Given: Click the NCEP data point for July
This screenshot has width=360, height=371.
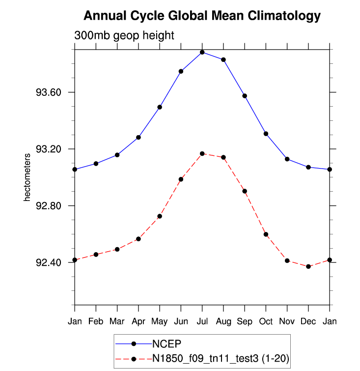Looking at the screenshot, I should tap(202, 52).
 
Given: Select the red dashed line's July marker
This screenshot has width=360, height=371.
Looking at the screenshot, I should tap(202, 154).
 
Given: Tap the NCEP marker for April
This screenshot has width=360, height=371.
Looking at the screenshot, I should tap(138, 137).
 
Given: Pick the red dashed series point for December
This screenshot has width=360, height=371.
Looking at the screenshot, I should tap(308, 266).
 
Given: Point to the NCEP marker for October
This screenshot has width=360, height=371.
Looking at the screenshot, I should tap(266, 134).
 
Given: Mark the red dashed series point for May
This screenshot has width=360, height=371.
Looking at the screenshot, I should tap(160, 216).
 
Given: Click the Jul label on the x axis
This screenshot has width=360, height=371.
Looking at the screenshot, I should tap(202, 321).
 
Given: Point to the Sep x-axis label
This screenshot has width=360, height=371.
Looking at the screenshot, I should tap(245, 321).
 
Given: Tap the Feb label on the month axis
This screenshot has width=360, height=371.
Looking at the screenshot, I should tap(96, 321).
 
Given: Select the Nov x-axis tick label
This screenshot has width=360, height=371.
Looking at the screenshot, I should tap(287, 321).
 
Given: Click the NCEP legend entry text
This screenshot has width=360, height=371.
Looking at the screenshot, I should tap(166, 343).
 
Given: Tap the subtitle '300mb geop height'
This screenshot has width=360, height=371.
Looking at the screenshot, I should tap(124, 36).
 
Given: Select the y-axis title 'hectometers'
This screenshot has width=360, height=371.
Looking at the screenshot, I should tap(28, 177).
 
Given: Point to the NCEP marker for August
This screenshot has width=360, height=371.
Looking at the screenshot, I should tap(223, 59).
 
